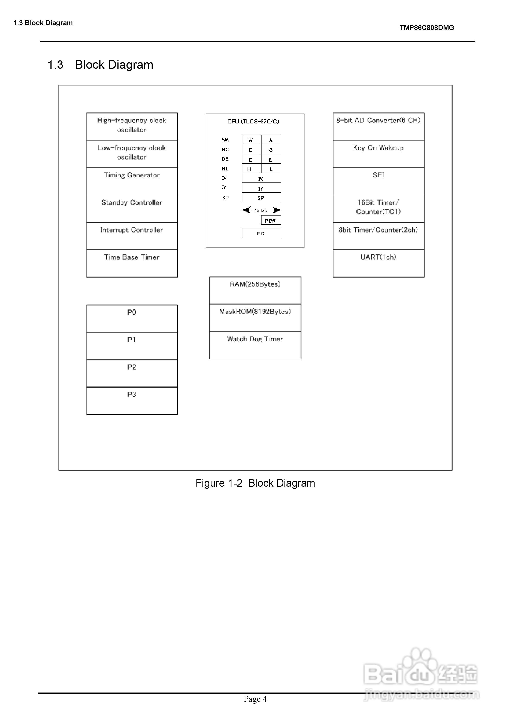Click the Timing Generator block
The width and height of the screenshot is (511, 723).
pyautogui.click(x=132, y=181)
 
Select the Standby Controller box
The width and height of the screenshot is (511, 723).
pyautogui.click(x=132, y=208)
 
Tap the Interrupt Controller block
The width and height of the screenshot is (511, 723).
pyautogui.click(x=132, y=236)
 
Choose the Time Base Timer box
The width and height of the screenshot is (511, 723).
pyautogui.click(x=132, y=263)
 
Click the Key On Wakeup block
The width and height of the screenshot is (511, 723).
pyautogui.click(x=378, y=154)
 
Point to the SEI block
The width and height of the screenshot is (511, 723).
pyautogui.click(x=378, y=181)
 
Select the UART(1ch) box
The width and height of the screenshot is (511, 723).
pyautogui.click(x=378, y=263)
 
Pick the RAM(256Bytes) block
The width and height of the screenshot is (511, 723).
pyautogui.click(x=255, y=290)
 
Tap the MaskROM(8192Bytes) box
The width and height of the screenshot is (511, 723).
pyautogui.click(x=255, y=318)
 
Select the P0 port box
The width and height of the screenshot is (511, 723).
pyautogui.click(x=132, y=318)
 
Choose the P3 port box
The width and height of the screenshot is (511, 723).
pyautogui.click(x=132, y=401)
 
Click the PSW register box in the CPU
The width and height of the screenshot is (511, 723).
pyautogui.click(x=271, y=220)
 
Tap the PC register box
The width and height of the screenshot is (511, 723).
pyautogui.click(x=261, y=233)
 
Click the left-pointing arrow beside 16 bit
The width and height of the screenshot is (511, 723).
pyautogui.click(x=247, y=210)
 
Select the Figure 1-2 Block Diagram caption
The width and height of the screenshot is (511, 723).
pyautogui.click(x=255, y=483)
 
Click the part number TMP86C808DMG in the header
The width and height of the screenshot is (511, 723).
pyautogui.click(x=427, y=28)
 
